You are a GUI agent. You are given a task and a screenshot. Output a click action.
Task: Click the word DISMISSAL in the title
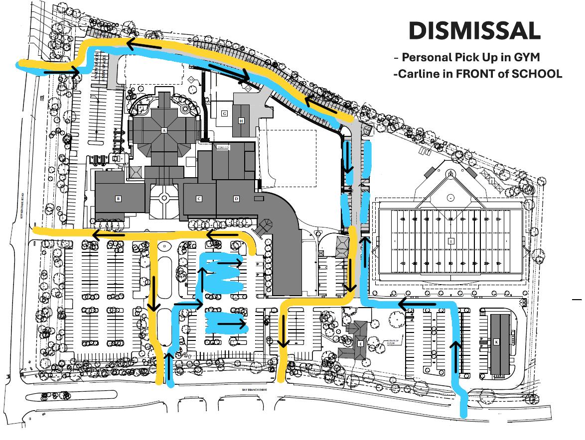coord(474,31)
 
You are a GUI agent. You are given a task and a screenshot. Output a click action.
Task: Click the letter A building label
coord(163,130)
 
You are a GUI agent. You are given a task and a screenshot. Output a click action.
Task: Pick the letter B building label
coord(118,199)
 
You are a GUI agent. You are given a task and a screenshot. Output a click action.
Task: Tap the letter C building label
coord(199,199)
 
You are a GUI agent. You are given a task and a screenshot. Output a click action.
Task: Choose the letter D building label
coord(236,199)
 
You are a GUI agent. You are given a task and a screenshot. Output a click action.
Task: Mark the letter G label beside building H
coord(225,113)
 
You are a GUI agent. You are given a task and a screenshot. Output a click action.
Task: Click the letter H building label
coord(242,120)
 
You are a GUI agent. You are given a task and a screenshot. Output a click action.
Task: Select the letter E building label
coord(360,343)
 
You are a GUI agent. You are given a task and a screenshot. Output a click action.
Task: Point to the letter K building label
coord(496,342)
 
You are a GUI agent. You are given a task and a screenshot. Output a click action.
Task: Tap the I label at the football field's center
coord(451,241)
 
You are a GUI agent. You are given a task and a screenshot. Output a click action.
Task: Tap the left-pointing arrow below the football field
coord(417,303)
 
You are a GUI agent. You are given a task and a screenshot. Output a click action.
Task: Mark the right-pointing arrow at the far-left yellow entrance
coord(62,73)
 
